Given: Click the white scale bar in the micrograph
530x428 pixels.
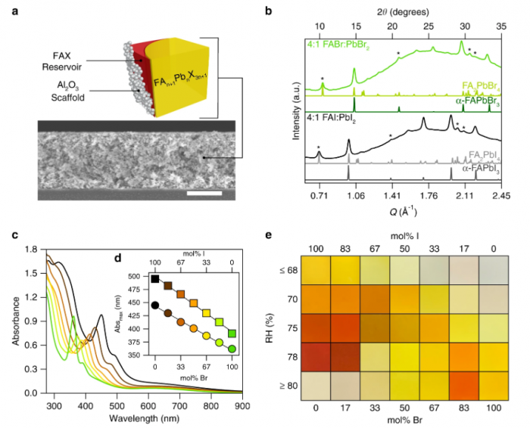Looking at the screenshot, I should [204, 193].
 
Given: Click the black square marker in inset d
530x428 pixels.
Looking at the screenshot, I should [155, 279].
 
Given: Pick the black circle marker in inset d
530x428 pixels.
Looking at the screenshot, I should [155, 305].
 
